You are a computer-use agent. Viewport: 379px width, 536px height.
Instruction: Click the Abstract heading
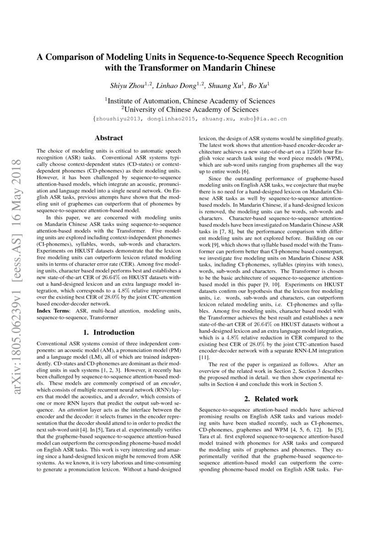109,138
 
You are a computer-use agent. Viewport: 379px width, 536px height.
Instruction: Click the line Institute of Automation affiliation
190,101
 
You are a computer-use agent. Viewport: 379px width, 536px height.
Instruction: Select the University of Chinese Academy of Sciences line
190,110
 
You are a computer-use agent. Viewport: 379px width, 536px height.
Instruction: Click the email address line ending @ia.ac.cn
190,119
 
